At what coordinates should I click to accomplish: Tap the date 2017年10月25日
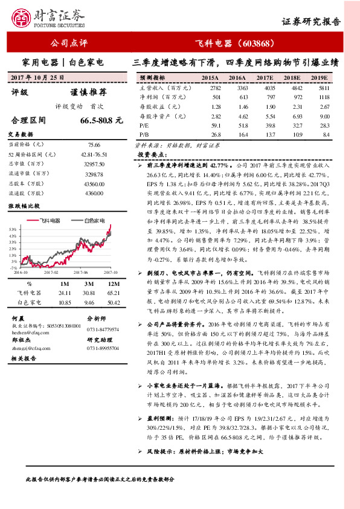tap(37, 77)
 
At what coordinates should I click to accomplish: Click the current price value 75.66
tap(94, 145)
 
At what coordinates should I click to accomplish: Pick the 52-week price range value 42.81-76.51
tap(94, 155)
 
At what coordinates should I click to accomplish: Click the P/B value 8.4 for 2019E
tap(326, 134)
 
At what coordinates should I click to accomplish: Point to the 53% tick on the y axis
tap(13, 230)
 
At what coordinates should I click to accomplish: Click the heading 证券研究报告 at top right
tap(311, 21)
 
